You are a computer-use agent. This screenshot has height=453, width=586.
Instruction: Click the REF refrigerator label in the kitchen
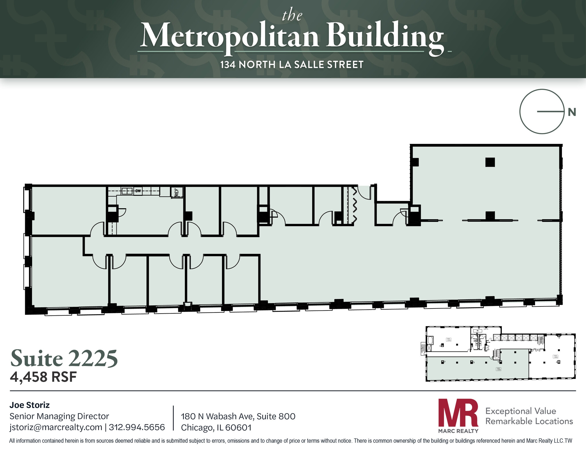176,192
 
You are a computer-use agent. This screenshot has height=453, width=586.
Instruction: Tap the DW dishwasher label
138,191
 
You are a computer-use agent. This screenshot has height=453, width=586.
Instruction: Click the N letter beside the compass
572,112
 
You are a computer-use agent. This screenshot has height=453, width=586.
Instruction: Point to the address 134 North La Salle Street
292,65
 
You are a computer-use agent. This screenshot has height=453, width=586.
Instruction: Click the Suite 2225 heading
64,358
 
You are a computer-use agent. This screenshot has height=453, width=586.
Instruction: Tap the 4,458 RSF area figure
43,377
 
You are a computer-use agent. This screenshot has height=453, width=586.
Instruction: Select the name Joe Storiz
30,405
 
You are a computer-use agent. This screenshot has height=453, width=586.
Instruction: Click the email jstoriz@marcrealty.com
56,427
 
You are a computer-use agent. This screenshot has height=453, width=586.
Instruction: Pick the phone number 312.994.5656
137,427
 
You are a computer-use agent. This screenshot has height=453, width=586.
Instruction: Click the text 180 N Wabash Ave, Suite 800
238,416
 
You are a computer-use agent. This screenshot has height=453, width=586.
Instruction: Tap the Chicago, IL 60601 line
216,428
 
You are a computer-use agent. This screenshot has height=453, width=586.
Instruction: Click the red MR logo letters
458,412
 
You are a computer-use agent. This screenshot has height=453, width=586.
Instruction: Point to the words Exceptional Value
521,411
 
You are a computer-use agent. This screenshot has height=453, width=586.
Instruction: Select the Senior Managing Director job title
60,416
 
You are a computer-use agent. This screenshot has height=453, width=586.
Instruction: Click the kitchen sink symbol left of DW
127,191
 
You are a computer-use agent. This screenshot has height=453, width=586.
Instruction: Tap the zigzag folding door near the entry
354,205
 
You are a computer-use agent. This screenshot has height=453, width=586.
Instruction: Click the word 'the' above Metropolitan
292,15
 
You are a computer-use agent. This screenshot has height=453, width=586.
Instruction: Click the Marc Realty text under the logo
458,431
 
